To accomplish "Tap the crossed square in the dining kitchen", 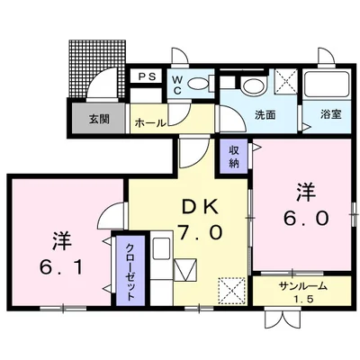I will pyautogui.click(x=231, y=290).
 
